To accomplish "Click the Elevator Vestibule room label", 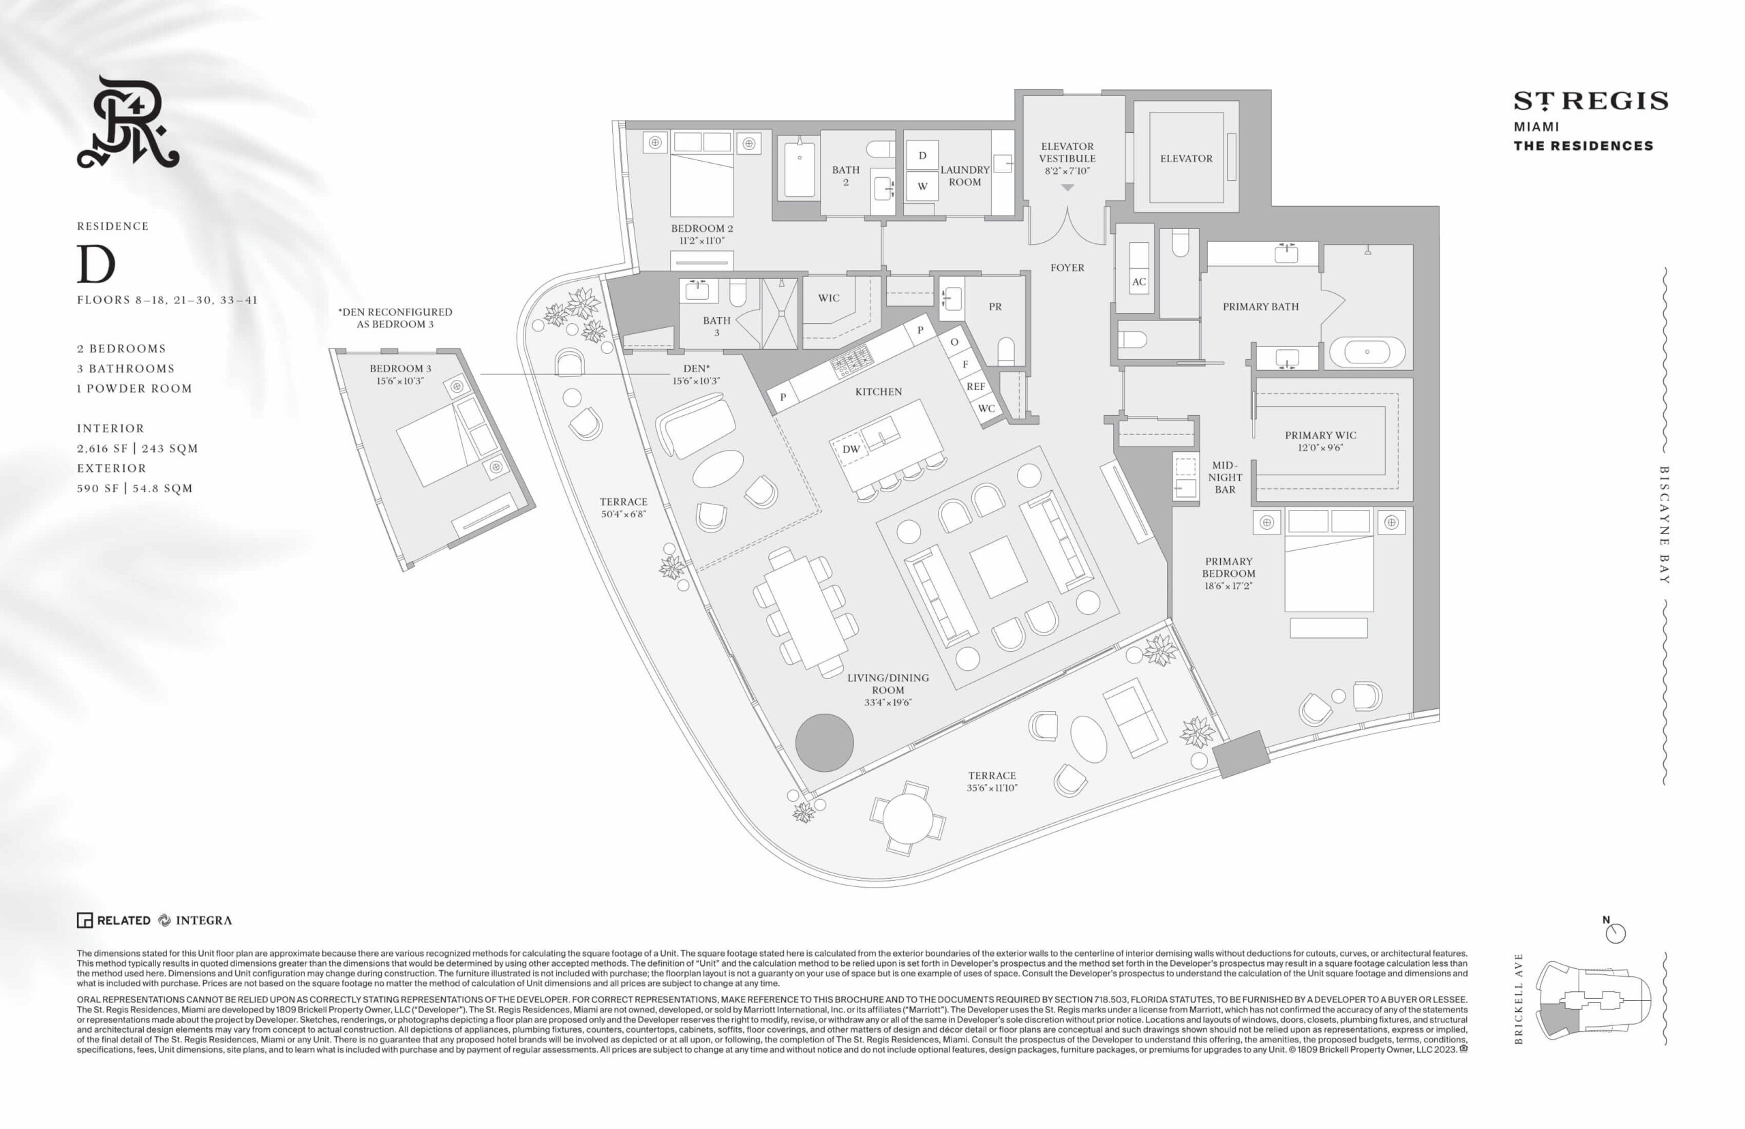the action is (x=1066, y=153).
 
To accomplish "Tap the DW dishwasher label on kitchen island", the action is (x=851, y=449).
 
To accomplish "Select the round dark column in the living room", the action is (x=825, y=742).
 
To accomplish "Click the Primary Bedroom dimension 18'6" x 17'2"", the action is (x=1229, y=586).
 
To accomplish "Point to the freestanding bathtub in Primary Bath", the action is (x=1367, y=352).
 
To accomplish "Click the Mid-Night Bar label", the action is (x=1225, y=477).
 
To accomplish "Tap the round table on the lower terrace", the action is (x=907, y=818).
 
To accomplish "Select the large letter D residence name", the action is (x=96, y=264).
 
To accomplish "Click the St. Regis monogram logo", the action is (x=128, y=122).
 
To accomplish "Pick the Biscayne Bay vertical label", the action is (x=1664, y=525).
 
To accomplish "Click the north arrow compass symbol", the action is (x=1615, y=933).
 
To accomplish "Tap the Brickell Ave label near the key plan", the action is (x=1518, y=999).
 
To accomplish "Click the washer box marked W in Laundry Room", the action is (x=922, y=186).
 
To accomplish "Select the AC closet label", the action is (x=1138, y=282).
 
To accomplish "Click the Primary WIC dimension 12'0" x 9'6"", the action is (x=1320, y=448).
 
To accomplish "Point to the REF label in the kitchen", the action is (x=975, y=387).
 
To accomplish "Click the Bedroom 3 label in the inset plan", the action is (x=400, y=369).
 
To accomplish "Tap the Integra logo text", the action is (x=203, y=921).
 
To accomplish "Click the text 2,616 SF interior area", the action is (x=102, y=449).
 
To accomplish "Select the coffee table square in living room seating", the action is (x=998, y=566).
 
